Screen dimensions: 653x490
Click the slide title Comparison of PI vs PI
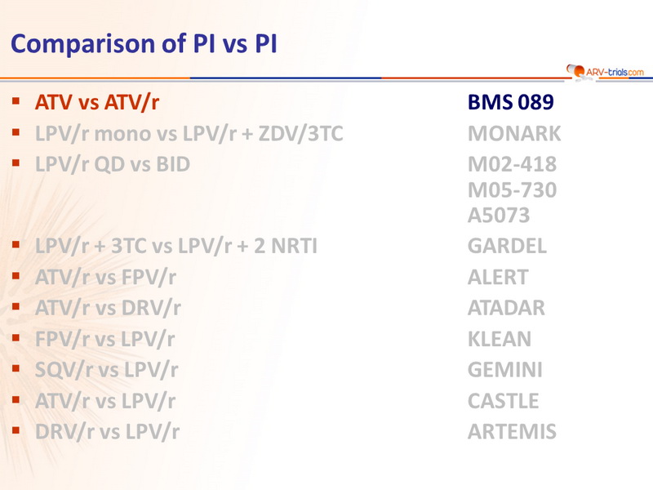(144, 44)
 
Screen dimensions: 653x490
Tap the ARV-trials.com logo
(605, 71)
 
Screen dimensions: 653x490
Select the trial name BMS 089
(511, 102)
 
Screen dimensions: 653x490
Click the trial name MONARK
(514, 134)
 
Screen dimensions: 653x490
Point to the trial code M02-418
(513, 164)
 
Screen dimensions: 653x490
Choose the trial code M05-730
(513, 190)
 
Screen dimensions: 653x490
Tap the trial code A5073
(499, 216)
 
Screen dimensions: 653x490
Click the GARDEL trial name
(507, 246)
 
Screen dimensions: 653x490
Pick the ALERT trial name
(498, 277)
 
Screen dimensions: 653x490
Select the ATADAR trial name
(506, 308)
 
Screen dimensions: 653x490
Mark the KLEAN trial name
(500, 339)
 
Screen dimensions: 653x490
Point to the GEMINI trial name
(505, 370)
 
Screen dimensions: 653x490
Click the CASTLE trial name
(503, 401)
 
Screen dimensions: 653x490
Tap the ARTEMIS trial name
(512, 431)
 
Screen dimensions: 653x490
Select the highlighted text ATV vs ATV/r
(97, 103)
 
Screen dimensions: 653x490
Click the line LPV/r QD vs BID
(113, 165)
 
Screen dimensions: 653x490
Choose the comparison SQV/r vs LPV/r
(107, 370)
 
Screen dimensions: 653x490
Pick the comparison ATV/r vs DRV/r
(108, 309)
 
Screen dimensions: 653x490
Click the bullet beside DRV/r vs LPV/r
(16, 430)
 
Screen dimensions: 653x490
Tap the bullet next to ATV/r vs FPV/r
(16, 275)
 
